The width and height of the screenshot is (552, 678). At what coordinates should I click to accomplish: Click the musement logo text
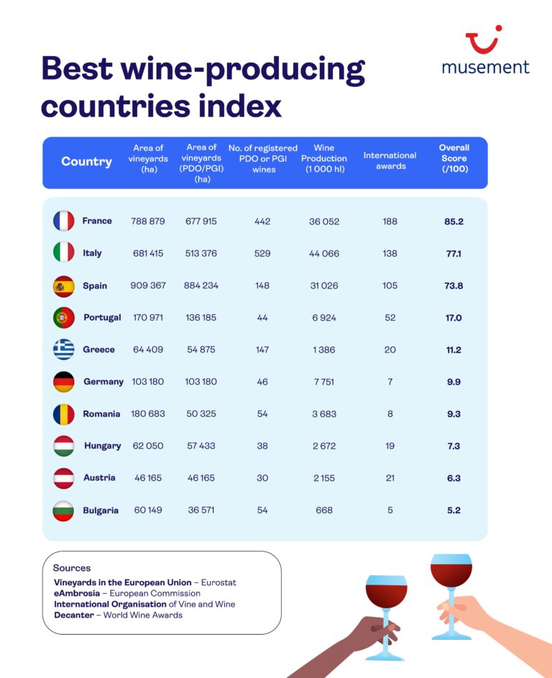[x=485, y=67]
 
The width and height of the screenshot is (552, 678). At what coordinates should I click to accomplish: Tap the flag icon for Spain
[x=63, y=285]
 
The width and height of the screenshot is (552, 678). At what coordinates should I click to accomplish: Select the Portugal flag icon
[x=63, y=317]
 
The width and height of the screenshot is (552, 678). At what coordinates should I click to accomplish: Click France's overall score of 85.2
[x=454, y=221]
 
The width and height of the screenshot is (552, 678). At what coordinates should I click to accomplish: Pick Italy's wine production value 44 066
[x=324, y=253]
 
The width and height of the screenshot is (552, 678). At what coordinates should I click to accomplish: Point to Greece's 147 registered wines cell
[x=262, y=349]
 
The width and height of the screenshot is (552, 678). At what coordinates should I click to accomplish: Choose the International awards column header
[x=390, y=160]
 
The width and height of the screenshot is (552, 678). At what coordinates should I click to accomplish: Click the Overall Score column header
[x=454, y=158]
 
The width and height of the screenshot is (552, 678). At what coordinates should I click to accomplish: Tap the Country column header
[x=86, y=162]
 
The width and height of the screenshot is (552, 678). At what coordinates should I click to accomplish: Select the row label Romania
[x=102, y=414]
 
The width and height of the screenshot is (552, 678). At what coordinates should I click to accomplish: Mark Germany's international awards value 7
[x=390, y=382]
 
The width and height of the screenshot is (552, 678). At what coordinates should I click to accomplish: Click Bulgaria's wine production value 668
[x=324, y=510]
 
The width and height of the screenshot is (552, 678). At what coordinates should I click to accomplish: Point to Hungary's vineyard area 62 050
[x=148, y=446]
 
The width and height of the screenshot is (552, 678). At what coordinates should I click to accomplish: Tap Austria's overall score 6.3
[x=454, y=478]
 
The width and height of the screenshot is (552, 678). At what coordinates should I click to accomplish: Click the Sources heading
[x=72, y=568]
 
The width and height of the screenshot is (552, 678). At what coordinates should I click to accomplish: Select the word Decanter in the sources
[x=74, y=615]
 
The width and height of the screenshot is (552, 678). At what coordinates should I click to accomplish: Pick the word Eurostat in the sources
[x=219, y=582]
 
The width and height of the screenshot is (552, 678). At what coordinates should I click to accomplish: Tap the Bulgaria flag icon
[x=63, y=510]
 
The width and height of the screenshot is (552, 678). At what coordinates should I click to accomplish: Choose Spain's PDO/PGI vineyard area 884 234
[x=201, y=285]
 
